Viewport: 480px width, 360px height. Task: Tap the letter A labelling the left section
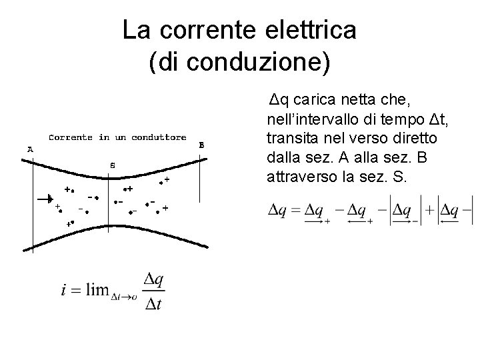click(x=30, y=150)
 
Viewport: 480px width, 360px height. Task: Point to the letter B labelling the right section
click(x=202, y=145)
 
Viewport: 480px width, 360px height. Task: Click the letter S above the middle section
click(x=112, y=165)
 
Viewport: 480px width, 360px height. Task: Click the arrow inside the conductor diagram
click(x=45, y=198)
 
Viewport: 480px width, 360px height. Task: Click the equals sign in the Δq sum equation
click(x=295, y=211)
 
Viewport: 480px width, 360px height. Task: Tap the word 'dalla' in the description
click(x=281, y=158)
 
